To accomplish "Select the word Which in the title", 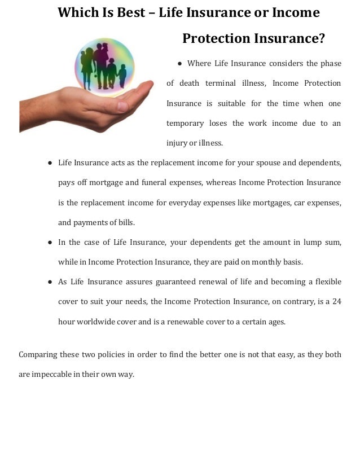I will tap(75, 12).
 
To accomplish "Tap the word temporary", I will tap(185, 124).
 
